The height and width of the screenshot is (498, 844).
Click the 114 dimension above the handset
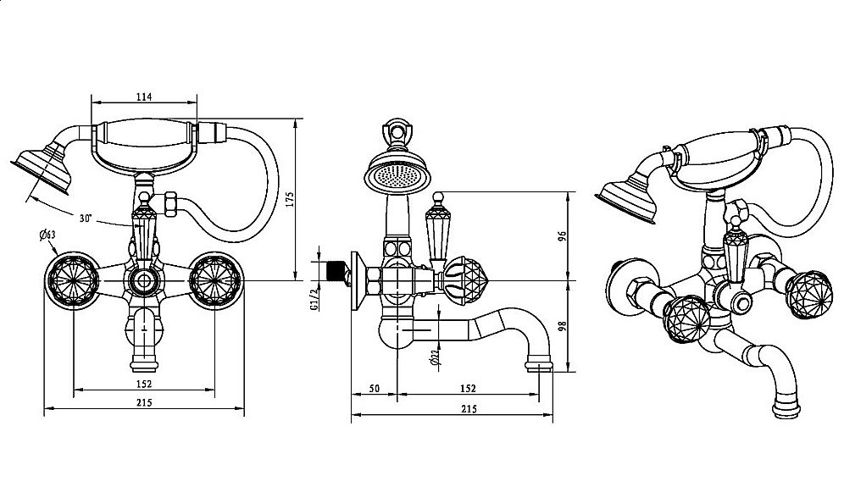point(143,97)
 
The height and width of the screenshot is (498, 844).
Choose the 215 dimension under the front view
point(143,403)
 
